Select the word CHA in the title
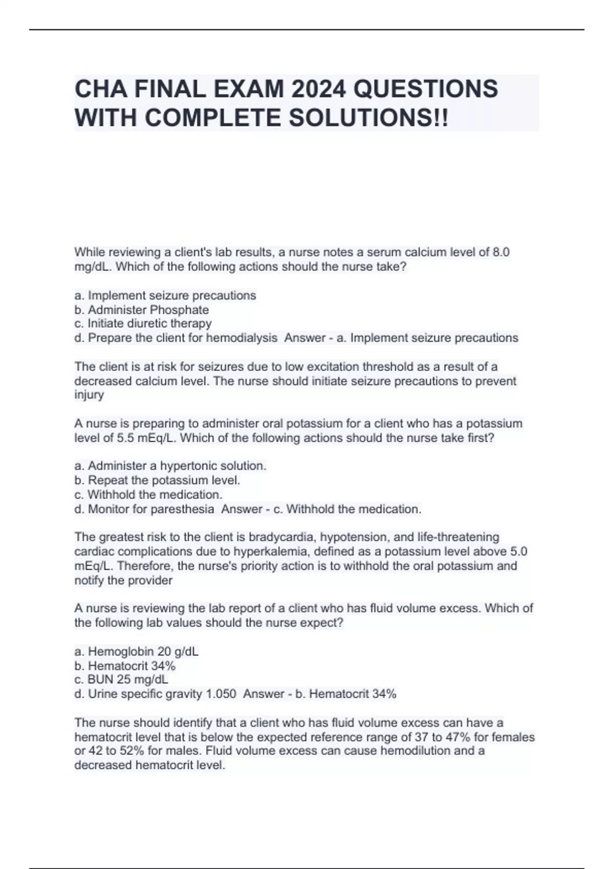100,89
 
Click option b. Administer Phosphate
142,310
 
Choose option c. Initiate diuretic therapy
143,324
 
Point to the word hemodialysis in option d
243,338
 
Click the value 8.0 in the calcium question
500,252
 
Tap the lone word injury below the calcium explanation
89,395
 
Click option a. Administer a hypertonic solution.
170,466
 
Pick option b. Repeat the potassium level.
157,480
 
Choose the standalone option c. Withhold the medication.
148,494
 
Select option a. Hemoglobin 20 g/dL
136,651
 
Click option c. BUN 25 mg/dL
121,679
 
